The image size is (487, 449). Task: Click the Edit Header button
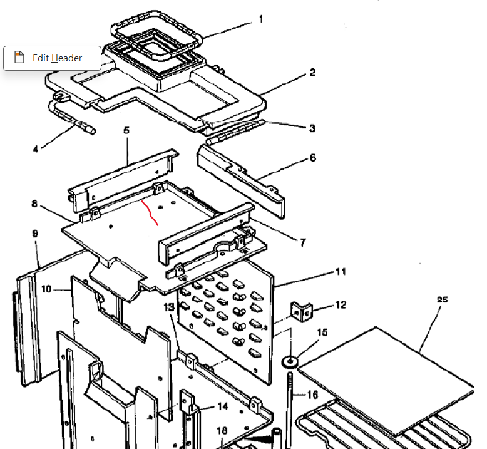click(x=52, y=58)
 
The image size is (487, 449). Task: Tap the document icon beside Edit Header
click(x=19, y=58)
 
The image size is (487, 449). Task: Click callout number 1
click(x=261, y=19)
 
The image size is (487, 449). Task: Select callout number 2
click(x=312, y=73)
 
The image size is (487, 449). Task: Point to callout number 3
click(x=312, y=128)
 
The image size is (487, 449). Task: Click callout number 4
click(x=36, y=149)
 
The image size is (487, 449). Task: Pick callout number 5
click(x=126, y=130)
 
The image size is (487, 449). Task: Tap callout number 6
click(x=313, y=158)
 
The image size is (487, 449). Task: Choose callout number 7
click(x=303, y=242)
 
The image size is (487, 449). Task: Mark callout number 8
click(x=34, y=204)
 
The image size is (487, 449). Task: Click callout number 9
click(x=35, y=234)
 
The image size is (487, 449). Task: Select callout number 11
click(x=341, y=272)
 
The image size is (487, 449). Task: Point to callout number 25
click(x=443, y=299)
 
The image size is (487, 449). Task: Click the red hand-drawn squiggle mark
click(x=150, y=213)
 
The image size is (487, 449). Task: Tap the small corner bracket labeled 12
click(x=302, y=312)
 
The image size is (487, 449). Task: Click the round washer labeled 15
click(x=290, y=362)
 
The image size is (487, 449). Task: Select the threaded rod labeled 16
click(x=290, y=410)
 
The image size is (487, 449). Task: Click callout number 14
click(x=223, y=406)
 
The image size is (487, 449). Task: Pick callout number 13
click(x=169, y=307)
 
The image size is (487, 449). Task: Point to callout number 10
click(x=46, y=289)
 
